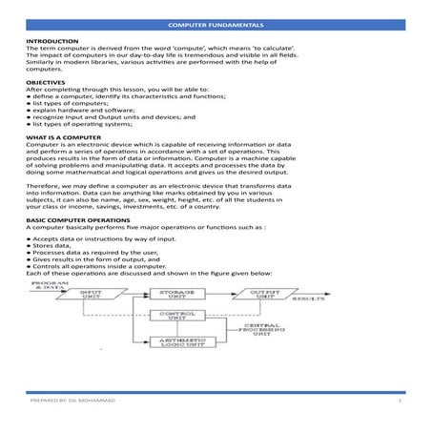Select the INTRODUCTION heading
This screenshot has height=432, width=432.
coord(48,41)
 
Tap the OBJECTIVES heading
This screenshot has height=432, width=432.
coord(44,83)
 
